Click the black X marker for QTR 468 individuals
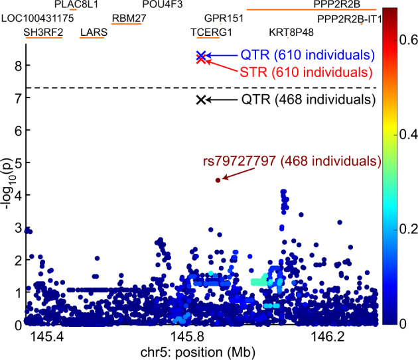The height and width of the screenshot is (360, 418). point(200,99)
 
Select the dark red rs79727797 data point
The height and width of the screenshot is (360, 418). point(217,180)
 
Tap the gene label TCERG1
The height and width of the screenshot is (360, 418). point(211,32)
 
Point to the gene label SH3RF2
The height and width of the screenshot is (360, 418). point(43,32)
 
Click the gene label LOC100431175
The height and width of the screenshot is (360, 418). point(37,19)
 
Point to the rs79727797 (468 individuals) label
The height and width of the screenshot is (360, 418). point(291,161)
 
